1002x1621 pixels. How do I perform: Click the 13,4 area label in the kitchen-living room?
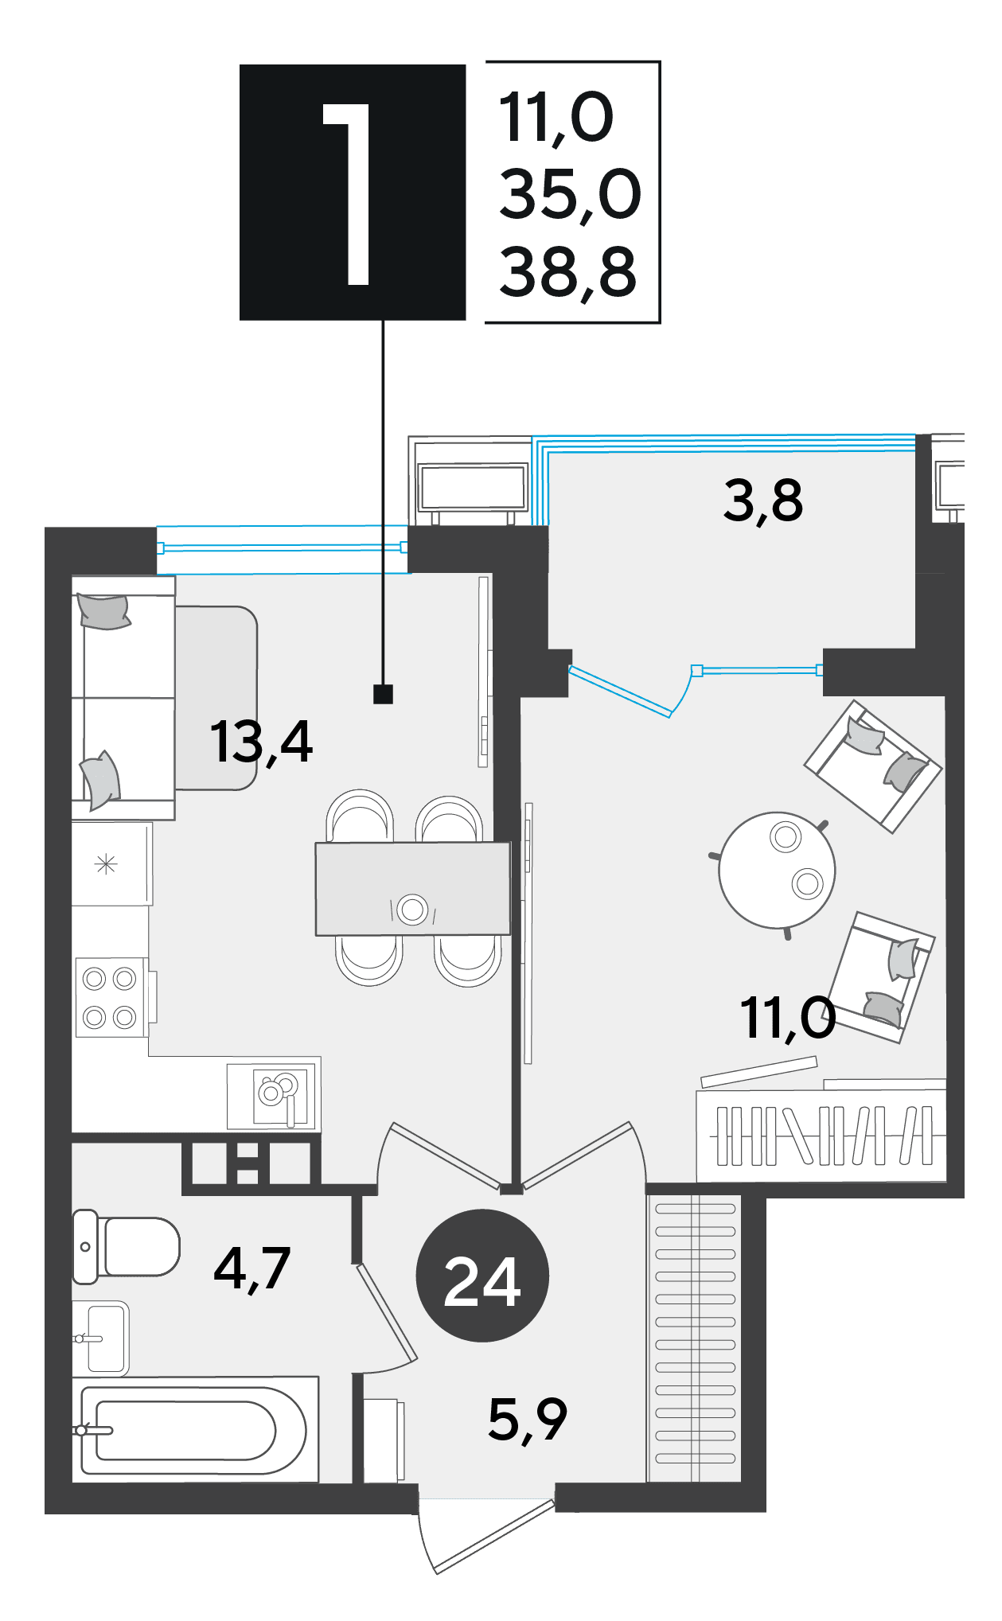tap(261, 742)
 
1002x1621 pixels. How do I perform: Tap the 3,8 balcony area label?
tap(763, 501)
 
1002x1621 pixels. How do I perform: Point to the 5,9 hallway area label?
tap(528, 1420)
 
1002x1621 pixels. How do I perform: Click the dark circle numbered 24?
tap(482, 1275)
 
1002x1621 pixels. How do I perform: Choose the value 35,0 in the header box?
tap(570, 195)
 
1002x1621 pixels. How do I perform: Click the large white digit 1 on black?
tap(348, 193)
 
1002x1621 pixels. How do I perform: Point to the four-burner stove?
tap(111, 997)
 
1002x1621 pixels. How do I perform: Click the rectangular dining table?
tap(412, 889)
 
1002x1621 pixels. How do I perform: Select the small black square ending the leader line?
tap(383, 695)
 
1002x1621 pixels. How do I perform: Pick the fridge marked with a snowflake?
tap(111, 864)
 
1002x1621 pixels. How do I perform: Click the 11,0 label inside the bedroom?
tap(788, 1019)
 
